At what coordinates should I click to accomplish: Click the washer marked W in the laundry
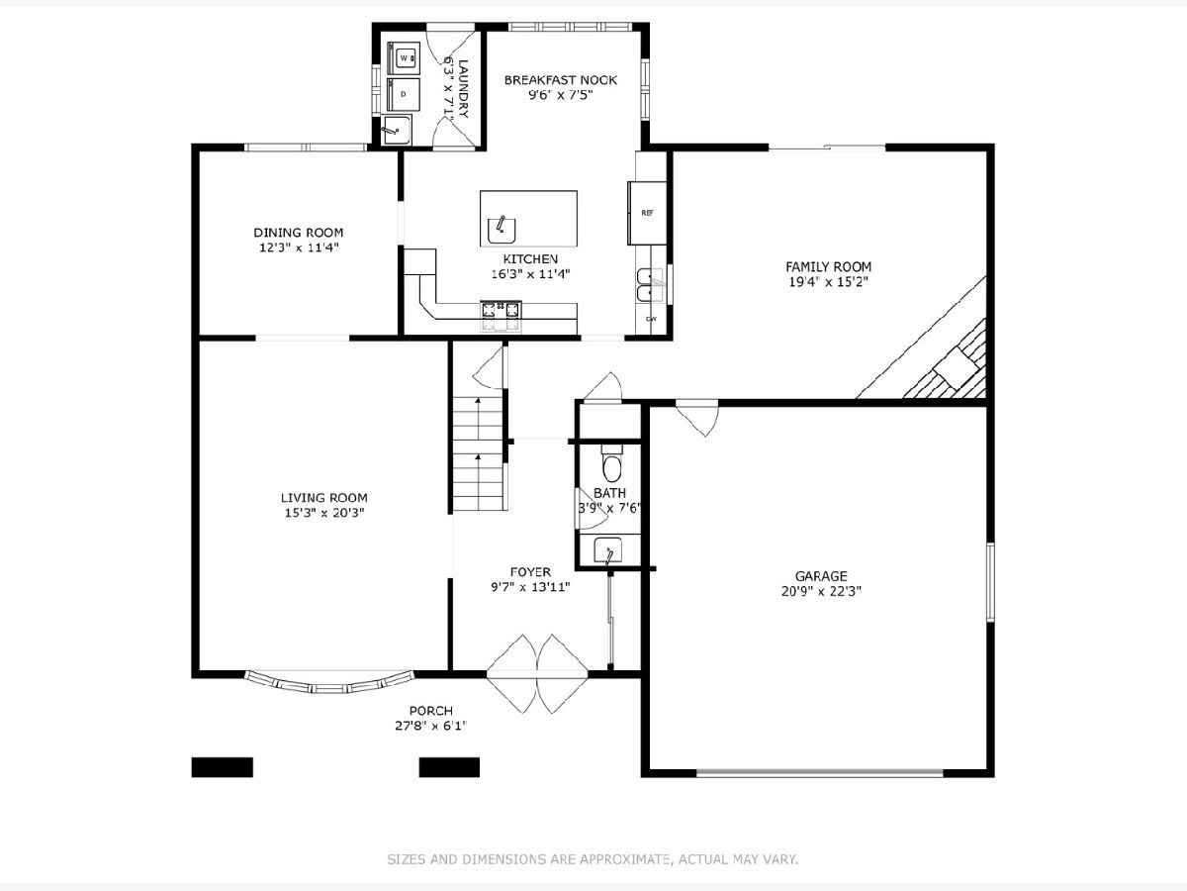coord(404,57)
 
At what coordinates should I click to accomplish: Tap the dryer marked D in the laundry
coord(404,94)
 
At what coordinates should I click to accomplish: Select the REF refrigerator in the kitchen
coord(647,213)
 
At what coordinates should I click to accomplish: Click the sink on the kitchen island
coord(502,231)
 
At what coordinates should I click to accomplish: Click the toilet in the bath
coord(611,464)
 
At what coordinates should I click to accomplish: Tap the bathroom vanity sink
coord(607,551)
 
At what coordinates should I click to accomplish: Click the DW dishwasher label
coord(651,319)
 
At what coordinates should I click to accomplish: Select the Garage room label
coord(821,576)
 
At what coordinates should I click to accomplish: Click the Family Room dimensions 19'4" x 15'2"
coord(829,282)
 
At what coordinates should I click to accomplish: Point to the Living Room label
coord(323,498)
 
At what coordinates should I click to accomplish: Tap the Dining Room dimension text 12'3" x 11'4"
coord(299,247)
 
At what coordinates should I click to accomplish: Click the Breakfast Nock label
coord(561,80)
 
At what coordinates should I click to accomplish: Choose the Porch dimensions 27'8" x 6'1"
coord(431,726)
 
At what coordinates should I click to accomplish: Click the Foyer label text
coord(530,572)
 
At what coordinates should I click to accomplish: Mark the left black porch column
coord(223,767)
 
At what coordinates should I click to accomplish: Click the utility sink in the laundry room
coord(397,130)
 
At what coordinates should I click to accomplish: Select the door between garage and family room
coord(698,417)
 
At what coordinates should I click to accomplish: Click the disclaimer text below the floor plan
coord(593,859)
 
